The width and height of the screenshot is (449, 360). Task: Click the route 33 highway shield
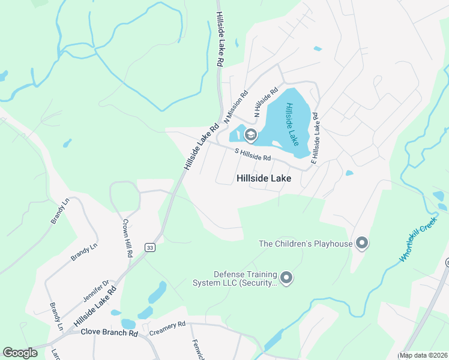[149, 247]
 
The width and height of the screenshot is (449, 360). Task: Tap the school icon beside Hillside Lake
[250, 135]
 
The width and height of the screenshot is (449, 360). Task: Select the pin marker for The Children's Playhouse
[361, 243]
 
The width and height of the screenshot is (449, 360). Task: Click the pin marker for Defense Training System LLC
[286, 277]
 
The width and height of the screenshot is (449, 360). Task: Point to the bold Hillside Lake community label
[264, 179]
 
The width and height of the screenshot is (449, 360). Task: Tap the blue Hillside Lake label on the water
[292, 124]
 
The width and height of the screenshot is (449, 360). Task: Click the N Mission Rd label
[236, 107]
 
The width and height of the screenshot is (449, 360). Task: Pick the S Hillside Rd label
[253, 155]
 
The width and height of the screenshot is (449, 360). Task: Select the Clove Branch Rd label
[110, 332]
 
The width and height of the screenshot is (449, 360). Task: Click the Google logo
[20, 353]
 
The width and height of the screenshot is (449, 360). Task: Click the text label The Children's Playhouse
[305, 244]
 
